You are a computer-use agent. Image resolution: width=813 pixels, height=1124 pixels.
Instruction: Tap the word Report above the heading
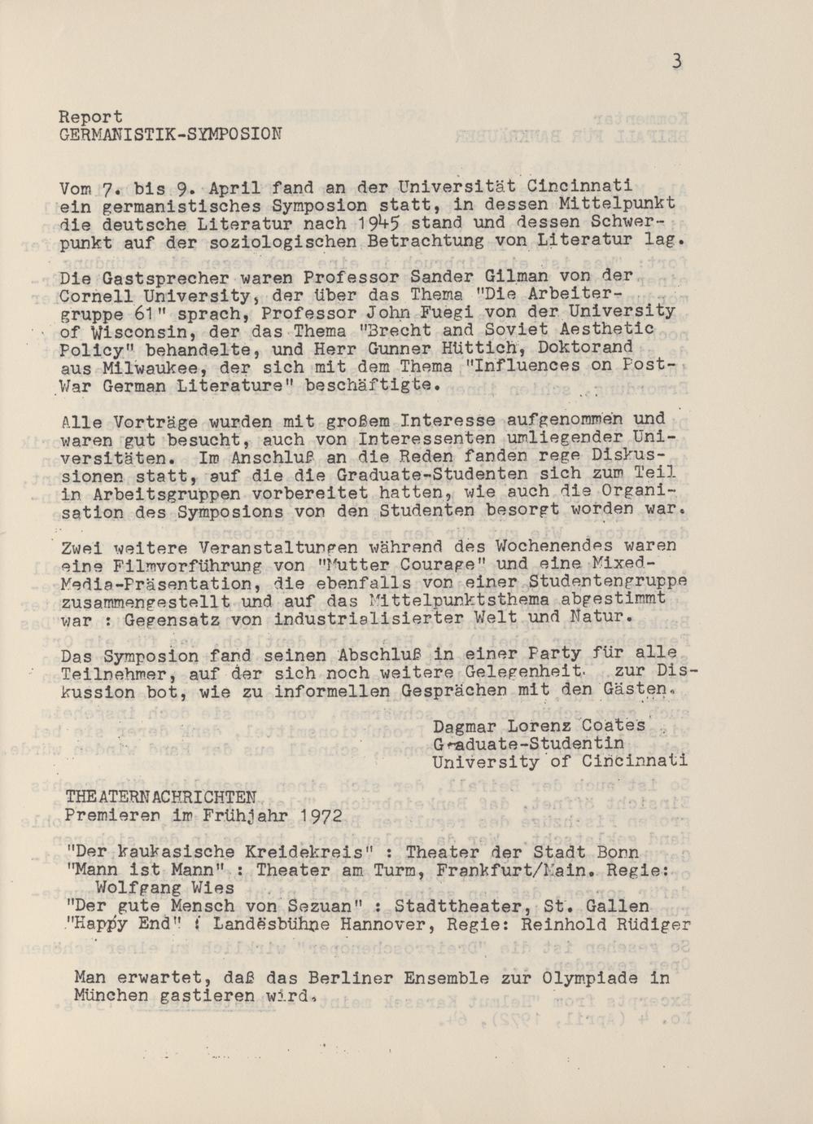(92, 116)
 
